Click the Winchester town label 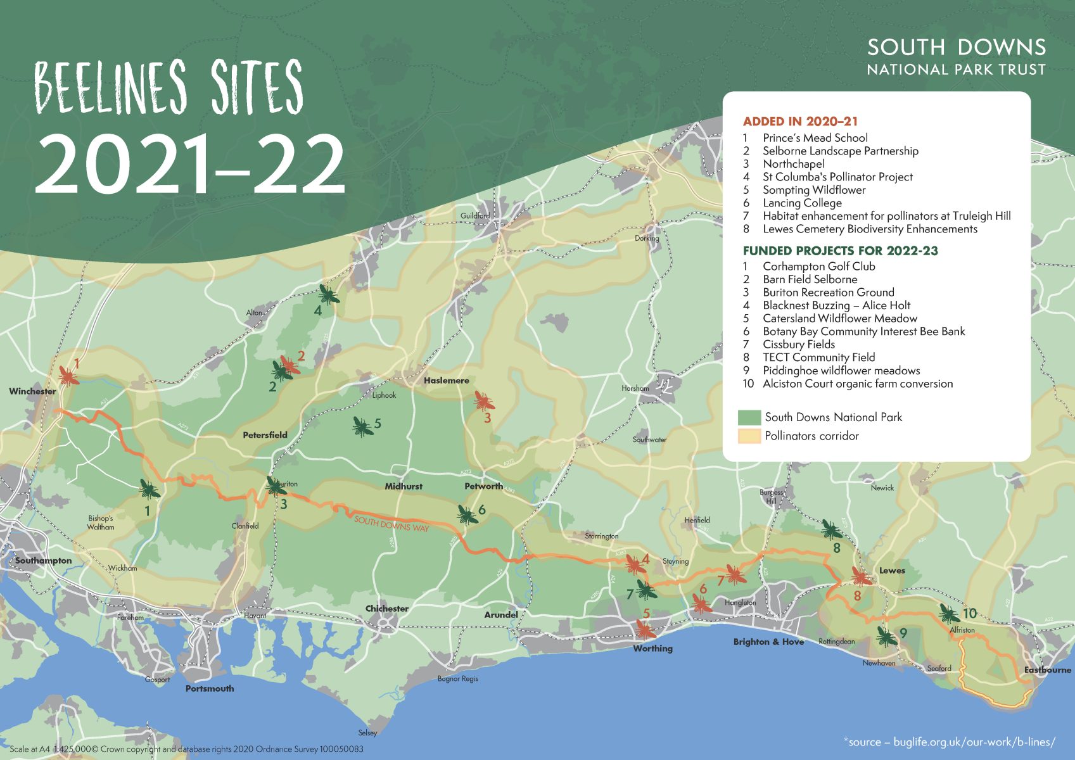(32, 391)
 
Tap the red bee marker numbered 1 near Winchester (68, 374)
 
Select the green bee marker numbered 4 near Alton (328, 294)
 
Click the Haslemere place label (446, 381)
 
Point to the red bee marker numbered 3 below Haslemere (484, 400)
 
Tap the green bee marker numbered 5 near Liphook (362, 426)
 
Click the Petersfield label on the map (265, 435)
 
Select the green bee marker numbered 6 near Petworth (468, 514)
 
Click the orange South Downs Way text (391, 524)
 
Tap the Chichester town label (386, 609)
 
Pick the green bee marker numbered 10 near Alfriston (949, 613)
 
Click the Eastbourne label (1047, 670)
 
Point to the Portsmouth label (209, 688)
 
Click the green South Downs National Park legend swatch (749, 417)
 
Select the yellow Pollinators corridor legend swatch (749, 436)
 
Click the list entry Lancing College (801, 203)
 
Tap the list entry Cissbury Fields (798, 345)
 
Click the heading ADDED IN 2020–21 (800, 122)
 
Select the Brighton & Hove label (768, 642)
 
